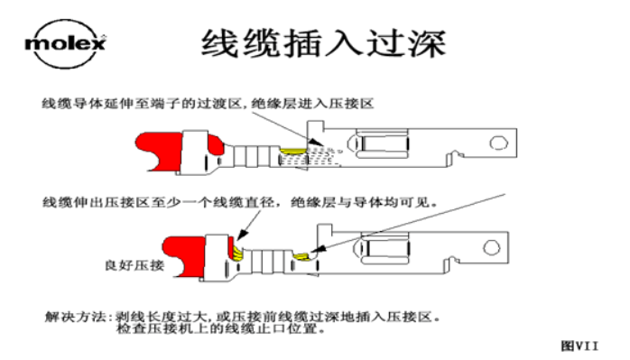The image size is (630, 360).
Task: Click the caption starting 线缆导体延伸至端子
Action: [207, 105]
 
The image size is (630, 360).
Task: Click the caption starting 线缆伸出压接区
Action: [238, 203]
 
